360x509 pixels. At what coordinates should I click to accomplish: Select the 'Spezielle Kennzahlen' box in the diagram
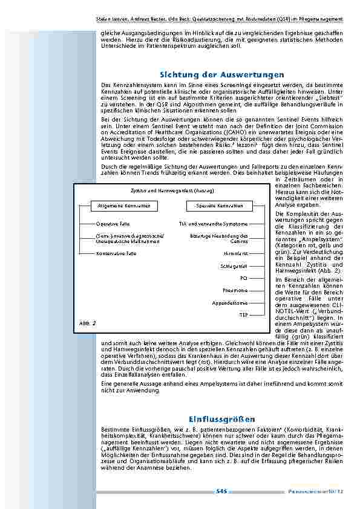tap(219, 206)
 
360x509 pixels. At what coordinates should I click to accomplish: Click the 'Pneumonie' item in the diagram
tap(235, 290)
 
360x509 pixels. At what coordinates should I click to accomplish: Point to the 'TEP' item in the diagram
tap(243, 315)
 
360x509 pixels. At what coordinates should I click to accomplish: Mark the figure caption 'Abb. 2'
tap(88, 323)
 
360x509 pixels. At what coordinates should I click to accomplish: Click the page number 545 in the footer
tap(221, 491)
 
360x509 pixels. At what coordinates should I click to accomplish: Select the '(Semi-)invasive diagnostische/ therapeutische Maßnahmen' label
tap(119, 238)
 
